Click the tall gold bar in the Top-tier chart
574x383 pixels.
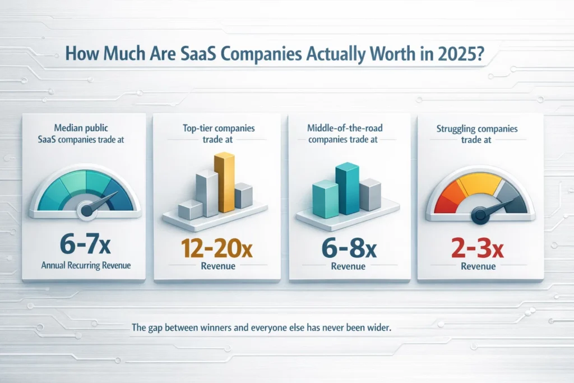click(225, 183)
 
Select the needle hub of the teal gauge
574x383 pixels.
click(88, 210)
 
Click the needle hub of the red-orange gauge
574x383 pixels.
click(479, 213)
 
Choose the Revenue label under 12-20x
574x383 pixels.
click(218, 266)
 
